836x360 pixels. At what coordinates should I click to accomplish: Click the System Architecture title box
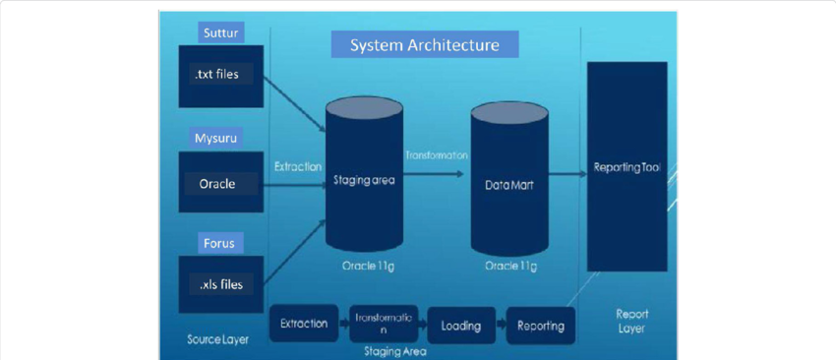pos(425,44)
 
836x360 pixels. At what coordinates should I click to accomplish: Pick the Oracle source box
pos(217,183)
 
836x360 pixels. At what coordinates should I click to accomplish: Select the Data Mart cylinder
pos(509,183)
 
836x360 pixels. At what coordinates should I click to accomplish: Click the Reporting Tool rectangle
pos(627,167)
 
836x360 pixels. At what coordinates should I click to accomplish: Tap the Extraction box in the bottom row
pos(304,324)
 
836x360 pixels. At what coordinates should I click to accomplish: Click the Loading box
pos(460,326)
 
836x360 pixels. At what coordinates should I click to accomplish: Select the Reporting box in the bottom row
pos(541,326)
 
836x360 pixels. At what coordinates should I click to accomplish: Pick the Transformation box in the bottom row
pos(384,324)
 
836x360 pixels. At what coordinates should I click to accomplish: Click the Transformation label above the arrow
pos(436,155)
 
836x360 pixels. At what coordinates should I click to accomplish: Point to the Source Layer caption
pos(217,339)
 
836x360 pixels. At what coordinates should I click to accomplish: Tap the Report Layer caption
pos(631,322)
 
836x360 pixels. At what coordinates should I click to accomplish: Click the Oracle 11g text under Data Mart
pos(509,267)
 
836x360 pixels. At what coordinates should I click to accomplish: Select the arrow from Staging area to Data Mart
pos(436,174)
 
